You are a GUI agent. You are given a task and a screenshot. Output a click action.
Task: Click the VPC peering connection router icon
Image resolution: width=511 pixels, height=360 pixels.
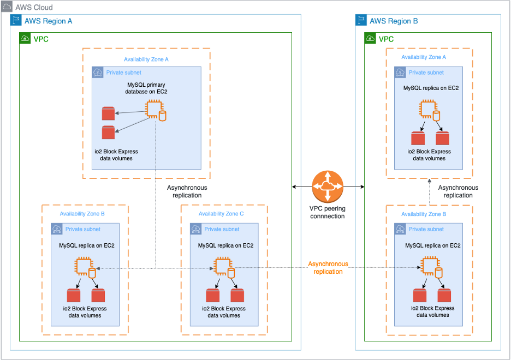click(328, 187)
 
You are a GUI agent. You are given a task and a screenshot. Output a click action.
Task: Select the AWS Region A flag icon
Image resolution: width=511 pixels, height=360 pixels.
click(16, 21)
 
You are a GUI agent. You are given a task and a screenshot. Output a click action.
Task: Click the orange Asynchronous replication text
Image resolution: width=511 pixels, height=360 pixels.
click(328, 267)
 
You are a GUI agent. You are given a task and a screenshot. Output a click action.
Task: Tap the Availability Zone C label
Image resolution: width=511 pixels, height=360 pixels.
click(222, 214)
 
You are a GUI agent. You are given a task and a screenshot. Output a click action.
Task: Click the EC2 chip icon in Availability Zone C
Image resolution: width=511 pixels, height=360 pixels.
click(221, 267)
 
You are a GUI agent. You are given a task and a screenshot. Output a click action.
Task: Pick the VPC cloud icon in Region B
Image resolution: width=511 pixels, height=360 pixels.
click(370, 39)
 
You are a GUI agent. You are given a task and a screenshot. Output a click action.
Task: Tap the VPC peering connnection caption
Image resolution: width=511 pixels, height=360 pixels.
click(327, 212)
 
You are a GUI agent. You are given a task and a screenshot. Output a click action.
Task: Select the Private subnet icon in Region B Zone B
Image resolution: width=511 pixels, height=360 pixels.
click(400, 229)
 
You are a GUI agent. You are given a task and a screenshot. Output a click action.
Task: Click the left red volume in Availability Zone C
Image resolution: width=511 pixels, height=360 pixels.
click(213, 296)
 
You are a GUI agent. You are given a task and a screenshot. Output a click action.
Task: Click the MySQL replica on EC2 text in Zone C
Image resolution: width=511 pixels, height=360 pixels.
click(225, 245)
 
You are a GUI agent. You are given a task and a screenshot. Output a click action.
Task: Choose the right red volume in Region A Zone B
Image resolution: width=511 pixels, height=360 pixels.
click(98, 296)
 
